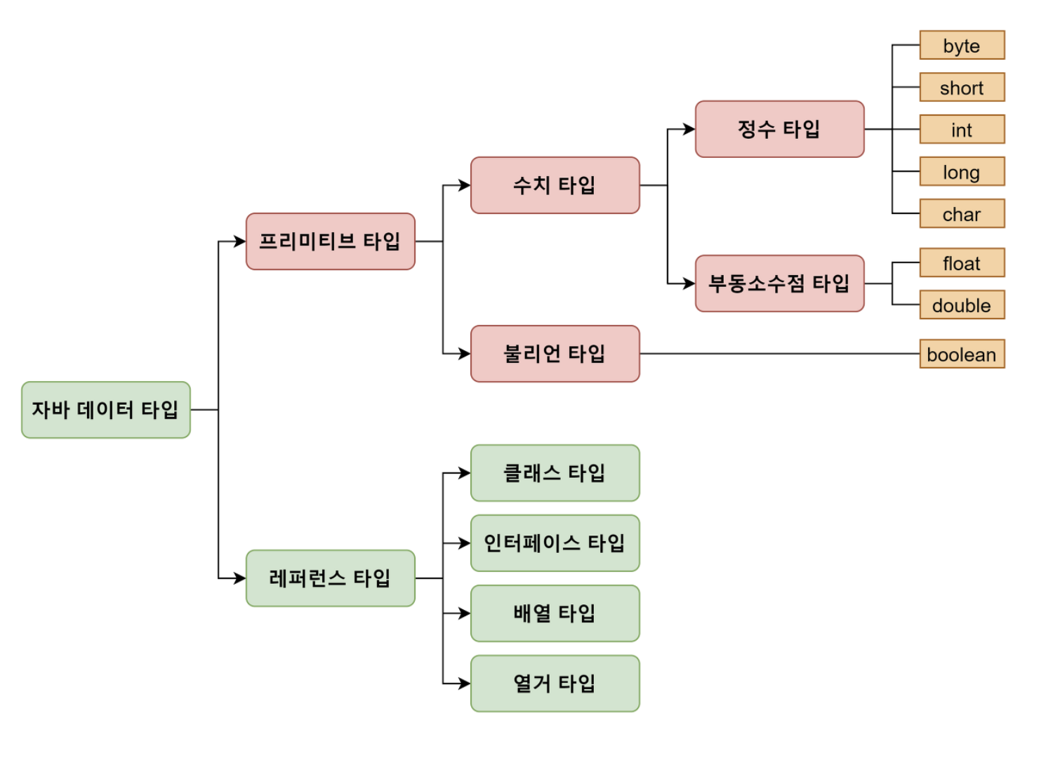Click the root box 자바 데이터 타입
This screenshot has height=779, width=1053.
(106, 410)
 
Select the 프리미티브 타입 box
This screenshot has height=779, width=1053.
(331, 241)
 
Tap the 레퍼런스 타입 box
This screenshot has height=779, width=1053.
(331, 578)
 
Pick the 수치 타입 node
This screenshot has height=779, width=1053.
(555, 185)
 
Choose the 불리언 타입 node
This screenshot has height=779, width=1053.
(555, 354)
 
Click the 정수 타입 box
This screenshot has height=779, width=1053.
(780, 129)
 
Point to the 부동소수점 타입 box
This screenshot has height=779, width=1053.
(780, 284)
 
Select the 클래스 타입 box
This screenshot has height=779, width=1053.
(555, 473)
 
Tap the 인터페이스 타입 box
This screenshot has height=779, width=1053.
(555, 543)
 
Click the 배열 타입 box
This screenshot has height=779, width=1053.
(555, 613)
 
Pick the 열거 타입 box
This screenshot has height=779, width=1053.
(555, 684)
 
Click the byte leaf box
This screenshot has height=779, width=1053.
(962, 46)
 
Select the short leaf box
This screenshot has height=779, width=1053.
(962, 88)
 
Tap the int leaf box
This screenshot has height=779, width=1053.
(962, 130)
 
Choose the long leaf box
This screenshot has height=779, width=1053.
(962, 172)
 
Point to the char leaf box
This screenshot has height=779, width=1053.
(962, 214)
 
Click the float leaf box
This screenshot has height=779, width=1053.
(962, 263)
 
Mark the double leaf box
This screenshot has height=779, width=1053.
(962, 305)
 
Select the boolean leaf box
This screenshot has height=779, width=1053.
(962, 354)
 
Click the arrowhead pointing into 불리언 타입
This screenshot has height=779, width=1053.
(465, 354)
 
